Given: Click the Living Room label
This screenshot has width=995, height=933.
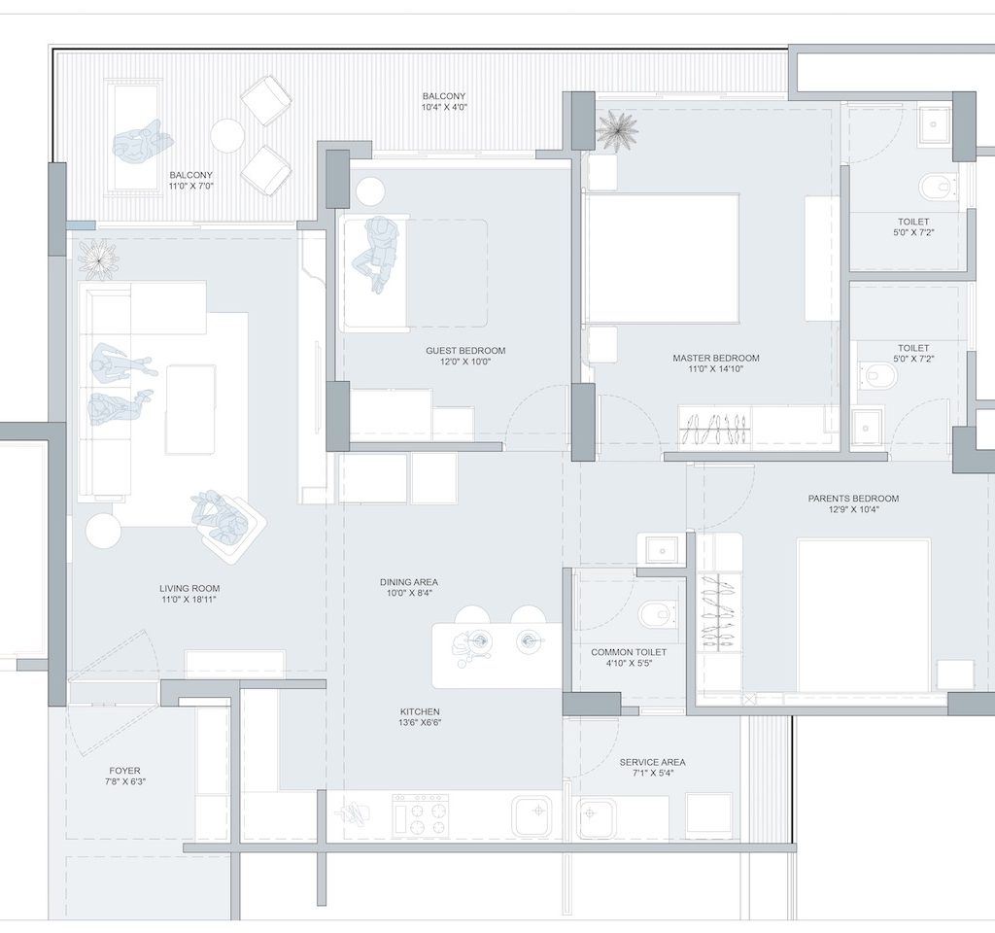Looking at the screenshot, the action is [x=189, y=588].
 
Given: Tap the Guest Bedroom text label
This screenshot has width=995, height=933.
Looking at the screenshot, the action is [x=465, y=350].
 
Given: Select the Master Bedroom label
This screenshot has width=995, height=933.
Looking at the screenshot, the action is [x=716, y=358].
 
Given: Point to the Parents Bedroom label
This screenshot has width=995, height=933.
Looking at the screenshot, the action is [x=853, y=499].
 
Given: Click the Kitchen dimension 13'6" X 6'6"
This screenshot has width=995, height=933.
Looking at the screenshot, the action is [x=420, y=723].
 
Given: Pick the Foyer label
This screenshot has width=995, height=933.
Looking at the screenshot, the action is [x=124, y=771].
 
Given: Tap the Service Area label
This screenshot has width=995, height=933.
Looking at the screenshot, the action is [x=652, y=762].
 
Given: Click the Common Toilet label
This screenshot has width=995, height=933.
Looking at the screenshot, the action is [x=629, y=652].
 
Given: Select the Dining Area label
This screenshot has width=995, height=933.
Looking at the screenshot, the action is [x=409, y=582].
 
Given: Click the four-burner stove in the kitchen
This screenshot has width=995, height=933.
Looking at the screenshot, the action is [x=420, y=814].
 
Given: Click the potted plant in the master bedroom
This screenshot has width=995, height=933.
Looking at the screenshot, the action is [x=616, y=130].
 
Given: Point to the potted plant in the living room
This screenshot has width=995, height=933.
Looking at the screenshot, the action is [x=98, y=259].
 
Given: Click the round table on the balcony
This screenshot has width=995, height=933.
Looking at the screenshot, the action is [x=227, y=135].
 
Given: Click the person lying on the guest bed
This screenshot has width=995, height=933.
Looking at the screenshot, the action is [x=376, y=254].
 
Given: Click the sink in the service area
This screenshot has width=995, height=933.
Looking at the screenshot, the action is [x=596, y=817].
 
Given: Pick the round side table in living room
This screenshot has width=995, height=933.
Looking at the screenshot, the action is [x=103, y=531].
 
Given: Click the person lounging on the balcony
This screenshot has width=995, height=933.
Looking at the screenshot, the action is [x=142, y=142].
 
